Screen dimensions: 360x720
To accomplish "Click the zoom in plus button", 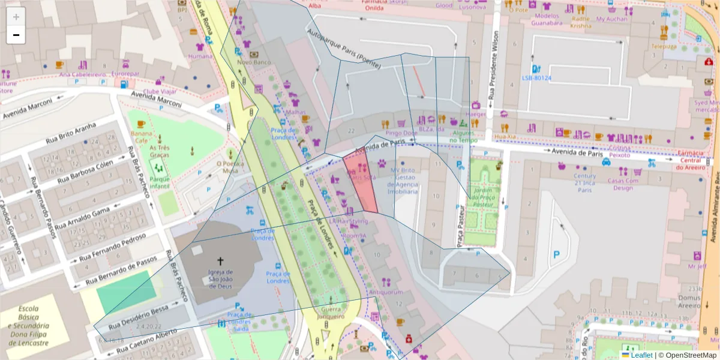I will click(x=16, y=17).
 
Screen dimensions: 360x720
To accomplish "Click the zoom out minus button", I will click(x=16, y=35).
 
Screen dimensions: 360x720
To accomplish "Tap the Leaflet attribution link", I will click(x=641, y=355).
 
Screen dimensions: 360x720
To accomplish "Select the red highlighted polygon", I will click(x=361, y=183).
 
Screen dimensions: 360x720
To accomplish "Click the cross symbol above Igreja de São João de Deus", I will click(x=220, y=261).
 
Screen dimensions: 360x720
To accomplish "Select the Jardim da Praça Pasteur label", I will click(x=484, y=199).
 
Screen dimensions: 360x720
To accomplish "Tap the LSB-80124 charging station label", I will click(x=536, y=78).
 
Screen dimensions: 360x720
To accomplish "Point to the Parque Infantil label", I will click(x=160, y=182).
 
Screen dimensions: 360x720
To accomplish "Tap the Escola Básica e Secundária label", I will click(x=29, y=326).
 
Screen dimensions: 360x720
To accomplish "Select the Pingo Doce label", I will click(x=401, y=133).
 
